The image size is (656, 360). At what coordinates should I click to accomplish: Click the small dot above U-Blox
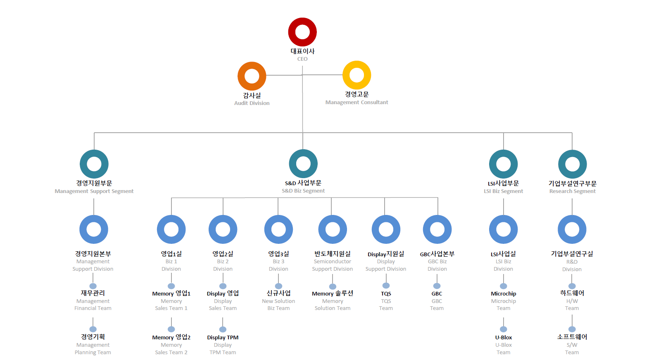[504, 329]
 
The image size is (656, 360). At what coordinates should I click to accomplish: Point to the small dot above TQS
[386, 285]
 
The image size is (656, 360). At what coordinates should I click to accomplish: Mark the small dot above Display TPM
[223, 329]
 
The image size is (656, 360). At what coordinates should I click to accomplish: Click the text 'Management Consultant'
[357, 102]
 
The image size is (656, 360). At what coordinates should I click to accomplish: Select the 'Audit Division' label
[252, 103]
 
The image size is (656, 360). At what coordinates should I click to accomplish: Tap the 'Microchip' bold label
[504, 293]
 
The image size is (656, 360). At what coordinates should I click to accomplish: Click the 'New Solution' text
[278, 301]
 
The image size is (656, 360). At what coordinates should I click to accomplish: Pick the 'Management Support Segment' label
[94, 191]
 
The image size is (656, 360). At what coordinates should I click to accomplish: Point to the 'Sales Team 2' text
[171, 353]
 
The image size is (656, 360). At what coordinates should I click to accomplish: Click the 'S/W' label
[572, 345]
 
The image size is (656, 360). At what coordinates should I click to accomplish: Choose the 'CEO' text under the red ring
[302, 59]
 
